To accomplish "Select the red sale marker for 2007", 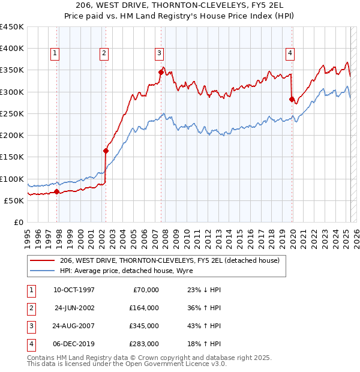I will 161,73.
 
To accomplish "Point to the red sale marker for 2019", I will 292,100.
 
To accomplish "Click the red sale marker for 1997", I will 57,192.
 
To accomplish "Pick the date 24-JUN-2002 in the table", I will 74,308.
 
